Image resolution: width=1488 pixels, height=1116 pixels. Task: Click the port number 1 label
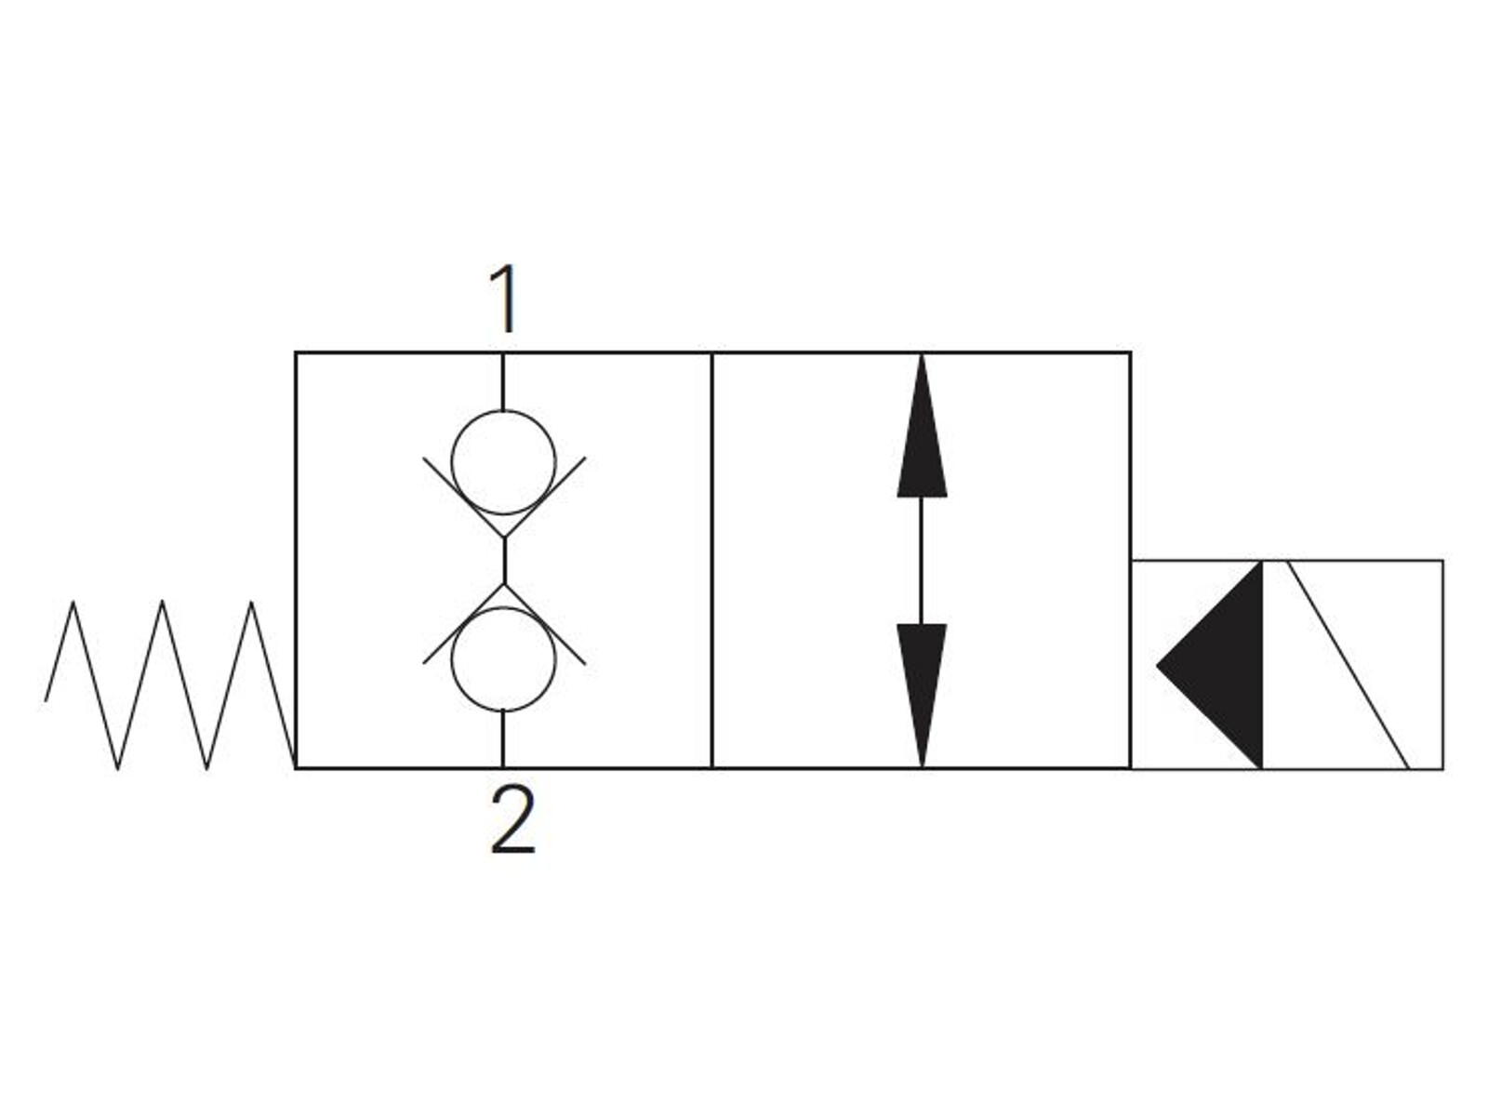pyautogui.click(x=505, y=299)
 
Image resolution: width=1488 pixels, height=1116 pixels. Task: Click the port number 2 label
pyautogui.click(x=512, y=819)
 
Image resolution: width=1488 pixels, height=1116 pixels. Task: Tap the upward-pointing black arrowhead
pyautogui.click(x=922, y=426)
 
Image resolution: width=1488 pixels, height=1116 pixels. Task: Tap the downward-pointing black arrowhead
pyautogui.click(x=922, y=696)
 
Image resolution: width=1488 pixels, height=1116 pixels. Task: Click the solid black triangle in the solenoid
pyautogui.click(x=1210, y=665)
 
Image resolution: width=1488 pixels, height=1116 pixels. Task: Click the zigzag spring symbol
pyautogui.click(x=170, y=684)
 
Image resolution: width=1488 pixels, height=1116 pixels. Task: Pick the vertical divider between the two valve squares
pyautogui.click(x=711, y=561)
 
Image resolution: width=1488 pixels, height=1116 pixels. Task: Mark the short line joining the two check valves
pyautogui.click(x=504, y=561)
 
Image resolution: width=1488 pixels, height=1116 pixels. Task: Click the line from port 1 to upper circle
pyautogui.click(x=502, y=381)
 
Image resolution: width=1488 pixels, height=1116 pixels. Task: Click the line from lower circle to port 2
pyautogui.click(x=502, y=739)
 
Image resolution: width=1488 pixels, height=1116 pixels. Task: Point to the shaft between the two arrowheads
pyautogui.click(x=922, y=561)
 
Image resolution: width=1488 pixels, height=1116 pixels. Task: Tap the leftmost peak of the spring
pyautogui.click(x=73, y=602)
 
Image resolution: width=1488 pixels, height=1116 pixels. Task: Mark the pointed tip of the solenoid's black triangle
pyautogui.click(x=1157, y=665)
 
